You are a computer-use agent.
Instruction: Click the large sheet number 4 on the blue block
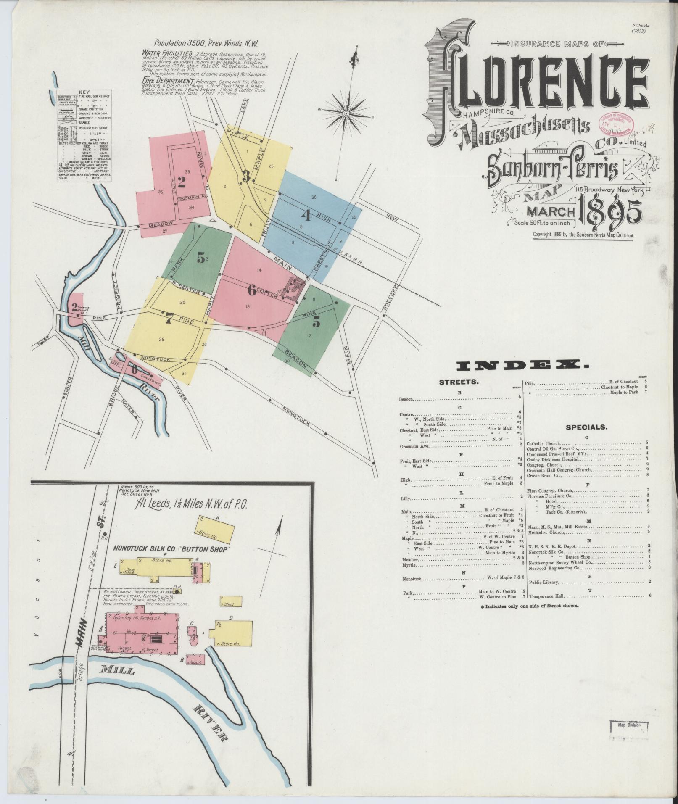point(306,216)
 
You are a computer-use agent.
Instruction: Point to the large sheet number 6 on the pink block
point(251,290)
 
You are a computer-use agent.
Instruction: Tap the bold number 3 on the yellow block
point(246,177)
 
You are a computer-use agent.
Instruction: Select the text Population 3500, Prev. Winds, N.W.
point(206,43)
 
